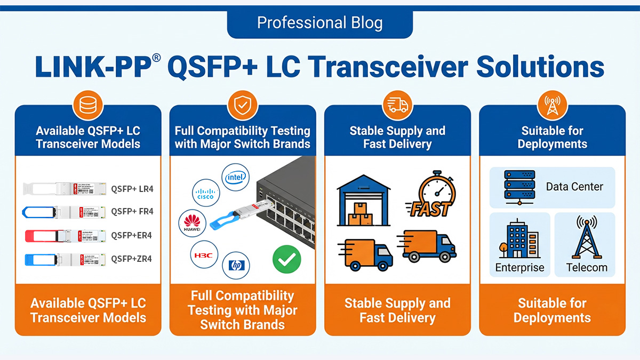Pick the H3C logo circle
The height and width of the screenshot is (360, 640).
point(203,255)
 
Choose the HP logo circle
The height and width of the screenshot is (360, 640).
point(235,265)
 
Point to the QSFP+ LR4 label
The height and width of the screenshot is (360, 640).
point(132,188)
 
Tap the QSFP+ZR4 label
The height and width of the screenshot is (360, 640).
point(131,259)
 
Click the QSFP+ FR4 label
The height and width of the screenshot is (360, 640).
point(132,211)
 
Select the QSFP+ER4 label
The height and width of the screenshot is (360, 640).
point(131,235)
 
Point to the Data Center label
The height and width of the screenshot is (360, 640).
point(574,187)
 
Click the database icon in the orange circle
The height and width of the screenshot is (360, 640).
point(87,106)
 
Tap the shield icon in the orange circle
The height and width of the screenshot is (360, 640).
point(243,106)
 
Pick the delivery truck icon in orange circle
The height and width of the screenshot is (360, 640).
point(397,106)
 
